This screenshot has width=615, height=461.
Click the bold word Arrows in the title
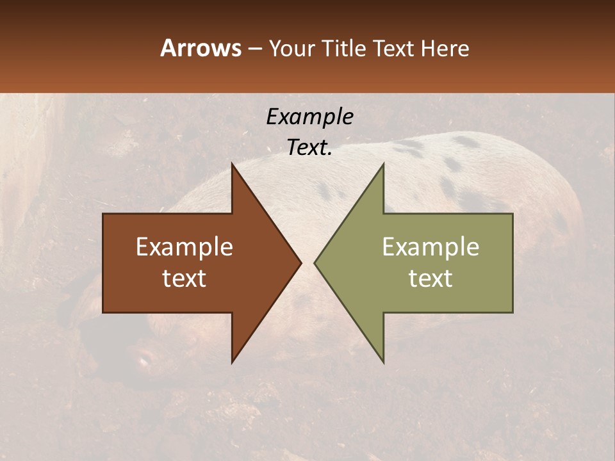click(x=200, y=48)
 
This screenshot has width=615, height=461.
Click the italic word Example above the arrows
click(x=309, y=117)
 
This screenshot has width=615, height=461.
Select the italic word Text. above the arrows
click(x=309, y=147)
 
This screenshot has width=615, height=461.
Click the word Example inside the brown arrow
click(x=184, y=247)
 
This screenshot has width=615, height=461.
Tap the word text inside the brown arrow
click(x=184, y=279)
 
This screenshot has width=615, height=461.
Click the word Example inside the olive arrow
click(x=430, y=247)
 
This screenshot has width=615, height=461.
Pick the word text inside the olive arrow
click(x=430, y=279)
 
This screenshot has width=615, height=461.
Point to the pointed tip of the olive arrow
click(x=315, y=263)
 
